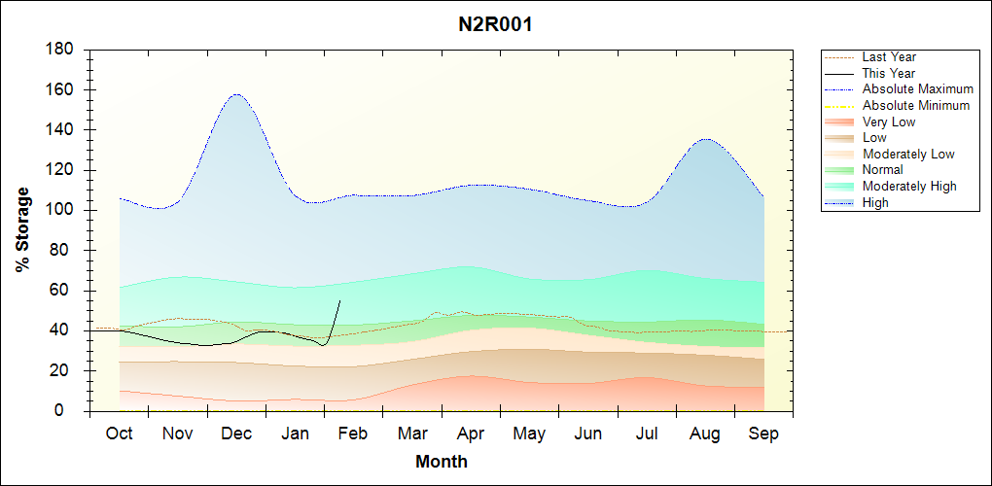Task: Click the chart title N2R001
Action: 495,24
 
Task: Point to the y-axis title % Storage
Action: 22,235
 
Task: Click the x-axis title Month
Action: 442,462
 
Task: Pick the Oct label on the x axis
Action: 120,434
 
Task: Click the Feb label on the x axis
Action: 353,434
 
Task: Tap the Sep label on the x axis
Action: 763,434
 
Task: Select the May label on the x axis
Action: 529,434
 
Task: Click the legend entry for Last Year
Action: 889,57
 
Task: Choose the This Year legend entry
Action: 889,73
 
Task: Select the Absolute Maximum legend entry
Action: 917,89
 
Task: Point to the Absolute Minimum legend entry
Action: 916,105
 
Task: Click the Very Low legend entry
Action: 889,121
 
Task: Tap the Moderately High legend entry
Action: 909,186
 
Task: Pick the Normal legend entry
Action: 882,170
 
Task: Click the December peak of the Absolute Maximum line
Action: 236,94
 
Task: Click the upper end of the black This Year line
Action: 339,300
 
